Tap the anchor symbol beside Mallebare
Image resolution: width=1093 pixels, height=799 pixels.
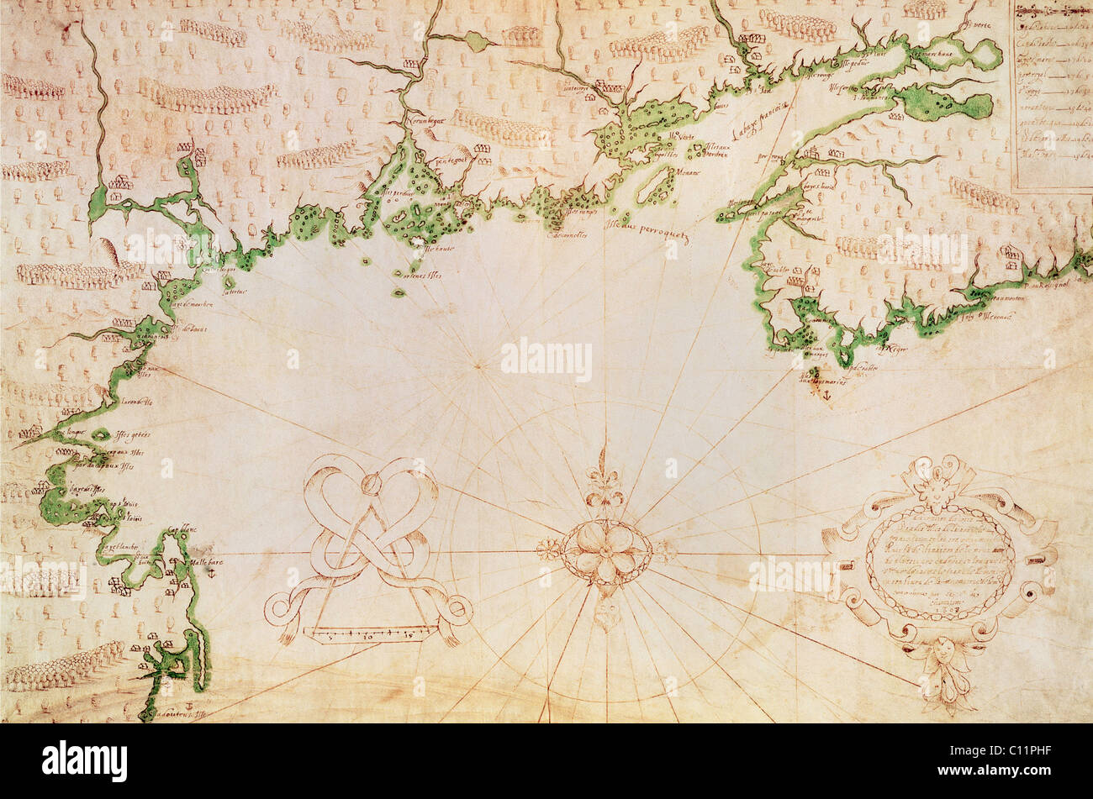(210, 572)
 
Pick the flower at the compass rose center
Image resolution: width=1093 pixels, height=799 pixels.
(605, 552)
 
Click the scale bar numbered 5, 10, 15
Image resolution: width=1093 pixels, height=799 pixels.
(371, 635)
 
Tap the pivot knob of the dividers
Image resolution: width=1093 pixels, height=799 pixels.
(370, 485)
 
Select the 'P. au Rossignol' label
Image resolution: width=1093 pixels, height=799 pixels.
(1046, 285)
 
